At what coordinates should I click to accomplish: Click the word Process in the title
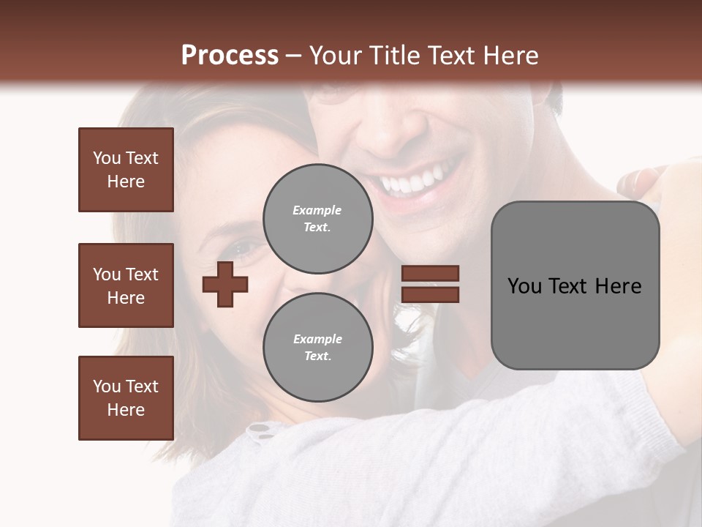click(x=230, y=56)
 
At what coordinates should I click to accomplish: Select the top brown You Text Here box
click(x=126, y=170)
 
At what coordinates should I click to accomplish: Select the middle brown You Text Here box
click(x=126, y=285)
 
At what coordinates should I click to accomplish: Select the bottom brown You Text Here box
click(x=126, y=398)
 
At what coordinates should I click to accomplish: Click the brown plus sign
click(x=225, y=284)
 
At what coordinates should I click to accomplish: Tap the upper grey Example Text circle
click(x=317, y=219)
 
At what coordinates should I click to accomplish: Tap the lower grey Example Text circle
click(x=317, y=348)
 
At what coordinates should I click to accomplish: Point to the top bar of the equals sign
click(x=430, y=274)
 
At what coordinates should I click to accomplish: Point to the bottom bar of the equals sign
click(x=430, y=294)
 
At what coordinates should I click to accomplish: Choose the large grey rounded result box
click(x=575, y=285)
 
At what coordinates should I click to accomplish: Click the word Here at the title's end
click(x=510, y=56)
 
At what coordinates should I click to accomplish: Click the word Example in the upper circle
click(x=317, y=211)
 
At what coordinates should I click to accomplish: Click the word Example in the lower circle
click(x=317, y=340)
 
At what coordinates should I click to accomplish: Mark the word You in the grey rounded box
click(x=524, y=286)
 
